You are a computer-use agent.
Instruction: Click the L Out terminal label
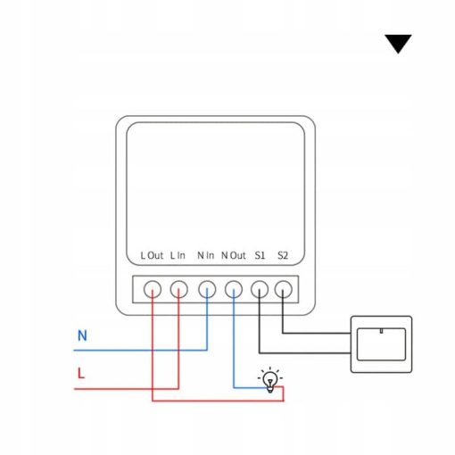[x=152, y=255]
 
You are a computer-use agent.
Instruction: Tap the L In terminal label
[x=178, y=255]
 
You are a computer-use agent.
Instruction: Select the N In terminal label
[x=205, y=255]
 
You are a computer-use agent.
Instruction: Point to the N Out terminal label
[x=234, y=255]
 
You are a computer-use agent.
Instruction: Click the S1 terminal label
[x=260, y=255]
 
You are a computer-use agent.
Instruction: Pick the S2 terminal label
[x=283, y=255]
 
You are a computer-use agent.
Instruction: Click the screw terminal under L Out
[x=153, y=289]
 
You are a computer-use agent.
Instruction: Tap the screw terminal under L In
[x=179, y=289]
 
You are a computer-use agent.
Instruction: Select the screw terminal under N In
[x=207, y=289]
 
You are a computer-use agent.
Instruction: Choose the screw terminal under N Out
[x=234, y=289]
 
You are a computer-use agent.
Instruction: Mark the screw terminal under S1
[x=260, y=289]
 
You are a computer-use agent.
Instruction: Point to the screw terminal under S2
[x=283, y=289]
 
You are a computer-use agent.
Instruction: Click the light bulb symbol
[x=270, y=380]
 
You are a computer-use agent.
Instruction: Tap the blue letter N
[x=82, y=335]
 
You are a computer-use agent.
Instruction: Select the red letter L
[x=81, y=373]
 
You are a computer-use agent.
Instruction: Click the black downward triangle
[x=398, y=44]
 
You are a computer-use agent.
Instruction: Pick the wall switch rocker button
[x=381, y=344]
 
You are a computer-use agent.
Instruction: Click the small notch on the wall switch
[x=381, y=331]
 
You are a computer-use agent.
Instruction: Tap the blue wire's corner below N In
[x=207, y=351]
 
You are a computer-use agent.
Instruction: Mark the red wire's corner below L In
[x=178, y=389]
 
